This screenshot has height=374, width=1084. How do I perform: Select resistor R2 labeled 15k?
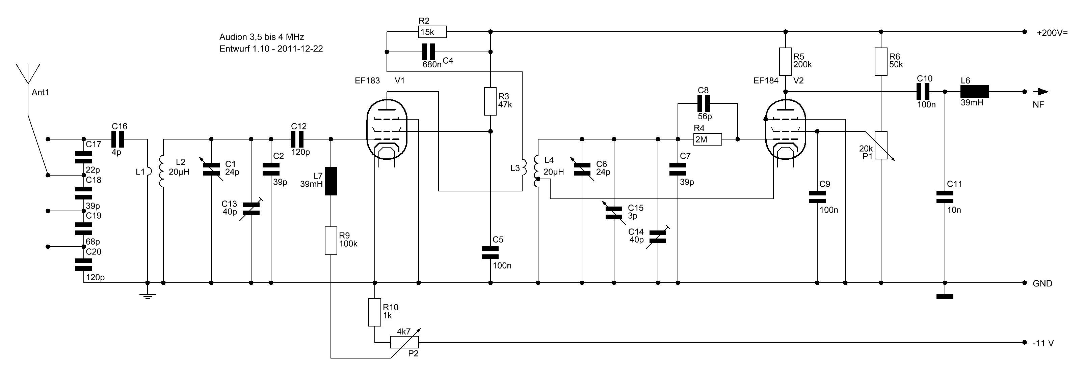[x=432, y=32]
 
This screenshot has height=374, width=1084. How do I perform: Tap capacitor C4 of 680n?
[x=429, y=52]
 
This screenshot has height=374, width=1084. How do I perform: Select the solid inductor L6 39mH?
[x=974, y=92]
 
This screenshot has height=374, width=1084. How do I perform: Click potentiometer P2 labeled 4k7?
[x=404, y=342]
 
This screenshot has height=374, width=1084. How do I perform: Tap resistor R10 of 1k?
[x=374, y=312]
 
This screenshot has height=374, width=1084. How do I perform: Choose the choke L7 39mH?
[x=331, y=181]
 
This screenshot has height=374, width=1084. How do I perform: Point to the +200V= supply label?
[x=1052, y=32]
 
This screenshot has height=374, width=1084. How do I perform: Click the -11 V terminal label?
[x=1043, y=343]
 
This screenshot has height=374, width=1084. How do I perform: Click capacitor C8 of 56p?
[x=703, y=103]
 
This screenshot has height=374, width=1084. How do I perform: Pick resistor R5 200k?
[x=785, y=62]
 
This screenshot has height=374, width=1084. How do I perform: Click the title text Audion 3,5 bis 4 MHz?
[x=261, y=37]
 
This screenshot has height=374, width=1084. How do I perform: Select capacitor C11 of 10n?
[x=945, y=197]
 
